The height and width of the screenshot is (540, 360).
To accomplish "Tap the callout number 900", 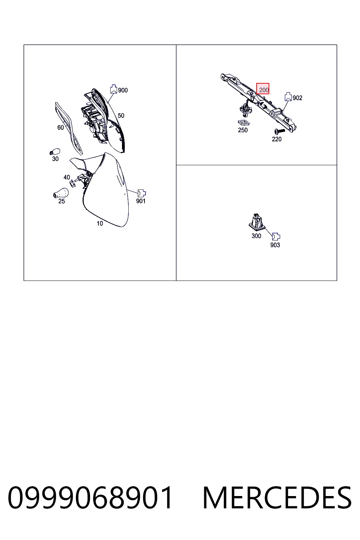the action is click(123, 90).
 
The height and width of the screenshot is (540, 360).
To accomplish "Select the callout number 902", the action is click(297, 98).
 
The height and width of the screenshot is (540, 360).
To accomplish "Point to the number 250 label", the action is click(243, 130).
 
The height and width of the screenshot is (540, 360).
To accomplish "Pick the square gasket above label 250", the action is click(244, 123).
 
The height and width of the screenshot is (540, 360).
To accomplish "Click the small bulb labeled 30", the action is click(55, 152).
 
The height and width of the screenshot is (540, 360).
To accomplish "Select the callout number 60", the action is click(60, 127).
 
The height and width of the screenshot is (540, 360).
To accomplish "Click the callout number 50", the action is click(121, 115).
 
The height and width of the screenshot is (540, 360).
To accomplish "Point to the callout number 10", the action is click(100, 224).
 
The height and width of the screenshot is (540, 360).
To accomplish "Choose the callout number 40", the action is click(67, 177).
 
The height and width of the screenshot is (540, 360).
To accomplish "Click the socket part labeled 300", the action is click(257, 221).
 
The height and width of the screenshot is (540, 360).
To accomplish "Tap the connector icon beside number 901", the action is click(142, 193).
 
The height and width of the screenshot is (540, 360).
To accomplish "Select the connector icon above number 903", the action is click(276, 237).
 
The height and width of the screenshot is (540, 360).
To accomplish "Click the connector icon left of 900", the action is click(114, 89).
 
